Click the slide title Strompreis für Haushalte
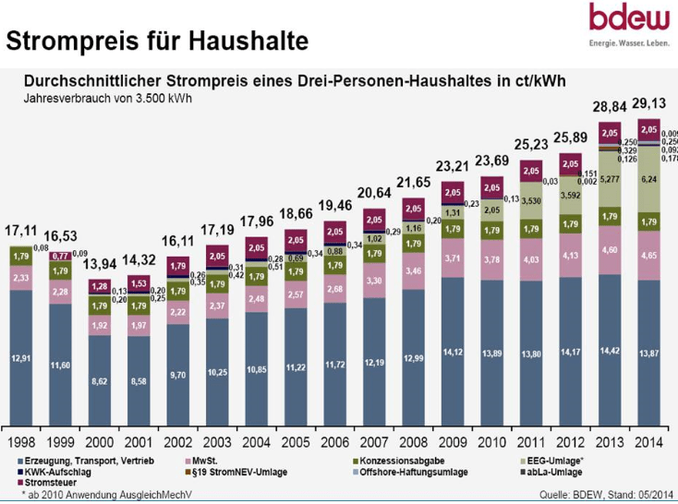pos(157,42)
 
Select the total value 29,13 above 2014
pos(651,105)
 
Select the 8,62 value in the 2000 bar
pos(101,378)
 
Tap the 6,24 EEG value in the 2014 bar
pos(648,181)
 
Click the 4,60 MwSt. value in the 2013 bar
pos(609,249)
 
